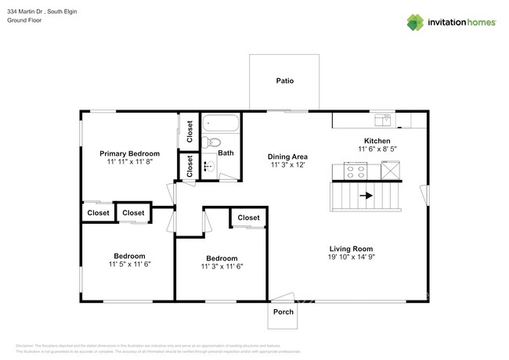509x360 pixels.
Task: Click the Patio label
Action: (284, 81)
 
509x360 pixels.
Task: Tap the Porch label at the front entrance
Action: (283, 311)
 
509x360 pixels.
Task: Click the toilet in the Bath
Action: (208, 143)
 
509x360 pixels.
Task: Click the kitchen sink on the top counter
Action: (383, 120)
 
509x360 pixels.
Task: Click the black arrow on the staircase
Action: (366, 196)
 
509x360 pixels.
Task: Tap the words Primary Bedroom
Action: (129, 153)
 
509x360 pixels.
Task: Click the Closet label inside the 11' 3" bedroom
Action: (248, 218)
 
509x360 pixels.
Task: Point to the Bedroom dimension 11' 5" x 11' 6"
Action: (129, 265)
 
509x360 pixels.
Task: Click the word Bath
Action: (226, 153)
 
